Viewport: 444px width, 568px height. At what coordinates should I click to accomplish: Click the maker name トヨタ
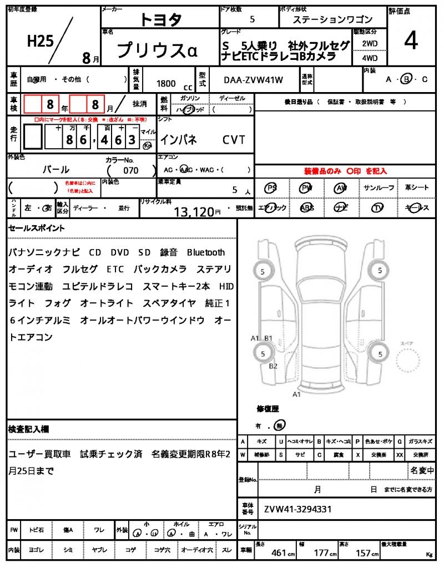click(x=160, y=19)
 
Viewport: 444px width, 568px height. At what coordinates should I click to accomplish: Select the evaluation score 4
click(x=411, y=42)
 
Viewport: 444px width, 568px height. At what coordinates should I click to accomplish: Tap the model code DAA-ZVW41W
click(x=254, y=80)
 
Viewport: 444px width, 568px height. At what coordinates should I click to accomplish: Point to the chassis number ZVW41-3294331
click(x=298, y=509)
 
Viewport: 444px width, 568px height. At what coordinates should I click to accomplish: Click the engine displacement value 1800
click(x=166, y=83)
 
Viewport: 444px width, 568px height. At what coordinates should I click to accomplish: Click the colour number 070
click(x=131, y=170)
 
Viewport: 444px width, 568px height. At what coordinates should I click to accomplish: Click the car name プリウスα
click(x=157, y=49)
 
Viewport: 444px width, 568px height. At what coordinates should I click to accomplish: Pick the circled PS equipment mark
click(x=271, y=188)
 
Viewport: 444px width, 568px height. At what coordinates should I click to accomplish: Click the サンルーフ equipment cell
click(x=379, y=188)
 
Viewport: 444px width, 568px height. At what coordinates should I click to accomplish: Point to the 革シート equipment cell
click(x=416, y=188)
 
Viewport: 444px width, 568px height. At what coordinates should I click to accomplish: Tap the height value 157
click(x=364, y=552)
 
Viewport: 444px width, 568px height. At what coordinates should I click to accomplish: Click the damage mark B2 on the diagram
click(x=273, y=366)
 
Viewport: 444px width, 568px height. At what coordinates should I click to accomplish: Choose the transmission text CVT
click(x=234, y=140)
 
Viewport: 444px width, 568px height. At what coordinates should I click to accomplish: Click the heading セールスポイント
click(x=36, y=227)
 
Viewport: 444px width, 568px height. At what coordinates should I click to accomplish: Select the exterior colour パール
click(x=56, y=170)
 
